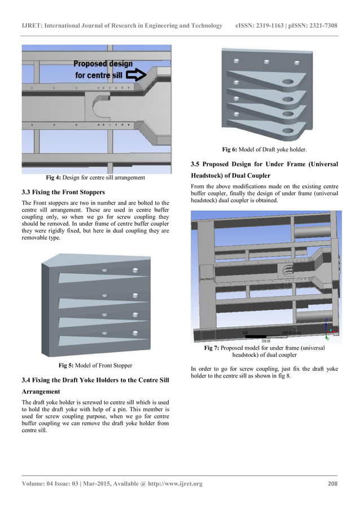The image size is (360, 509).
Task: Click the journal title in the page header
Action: [121, 26]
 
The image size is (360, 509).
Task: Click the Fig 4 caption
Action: [95, 178]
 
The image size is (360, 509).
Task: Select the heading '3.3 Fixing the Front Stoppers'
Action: [63, 192]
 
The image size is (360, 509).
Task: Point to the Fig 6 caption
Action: [264, 150]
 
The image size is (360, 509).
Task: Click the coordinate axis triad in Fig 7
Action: [330, 326]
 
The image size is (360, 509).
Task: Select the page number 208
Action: [332, 484]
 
